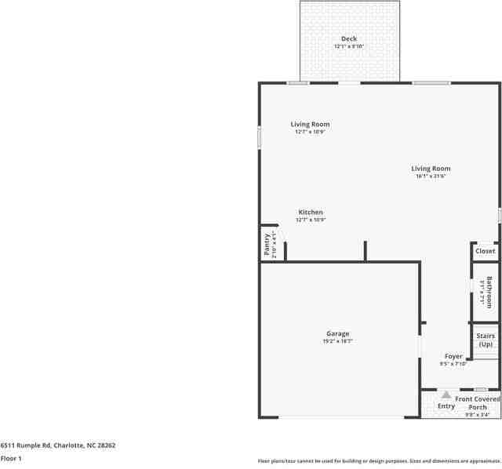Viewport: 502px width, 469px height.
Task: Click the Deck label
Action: [349, 38]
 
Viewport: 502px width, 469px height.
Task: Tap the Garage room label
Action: [338, 333]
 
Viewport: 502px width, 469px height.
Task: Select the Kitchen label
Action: [311, 213]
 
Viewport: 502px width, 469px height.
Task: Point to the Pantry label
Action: [267, 245]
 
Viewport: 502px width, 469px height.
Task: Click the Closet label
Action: [486, 251]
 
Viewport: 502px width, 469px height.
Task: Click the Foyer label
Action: [453, 356]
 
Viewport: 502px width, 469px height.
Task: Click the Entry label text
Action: [446, 406]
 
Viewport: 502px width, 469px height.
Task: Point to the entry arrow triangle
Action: [446, 394]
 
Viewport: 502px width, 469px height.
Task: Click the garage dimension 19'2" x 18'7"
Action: [338, 341]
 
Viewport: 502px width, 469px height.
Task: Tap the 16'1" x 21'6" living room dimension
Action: [431, 176]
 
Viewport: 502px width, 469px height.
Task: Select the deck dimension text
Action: [349, 46]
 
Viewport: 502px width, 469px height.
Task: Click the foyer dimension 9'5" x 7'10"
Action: [453, 364]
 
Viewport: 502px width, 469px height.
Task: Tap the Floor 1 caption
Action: [11, 458]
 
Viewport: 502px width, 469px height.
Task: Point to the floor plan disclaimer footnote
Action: [379, 461]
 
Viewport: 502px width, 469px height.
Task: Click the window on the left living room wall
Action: [260, 137]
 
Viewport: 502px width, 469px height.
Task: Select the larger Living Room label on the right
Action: [431, 168]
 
